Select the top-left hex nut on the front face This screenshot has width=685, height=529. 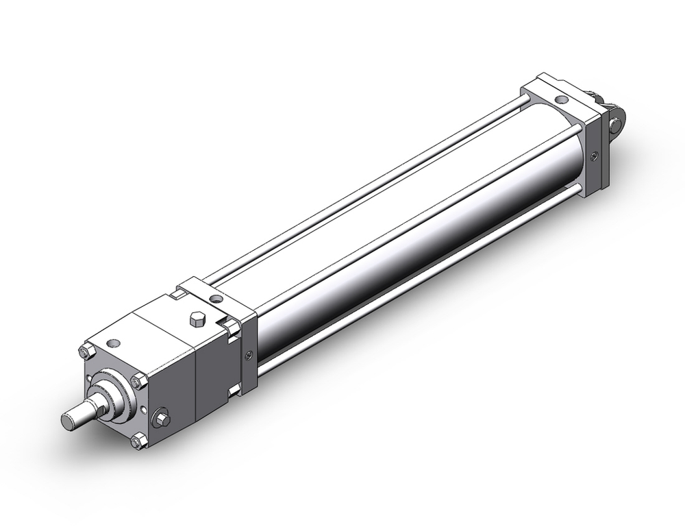pos(86,352)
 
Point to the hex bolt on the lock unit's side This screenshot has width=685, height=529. pos(162,417)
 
